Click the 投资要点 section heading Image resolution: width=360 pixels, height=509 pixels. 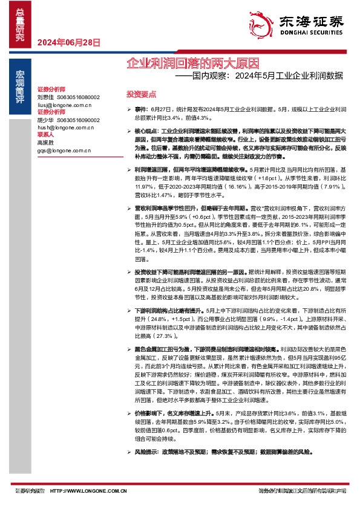click(141, 94)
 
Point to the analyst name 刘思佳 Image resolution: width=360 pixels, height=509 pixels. click(45, 97)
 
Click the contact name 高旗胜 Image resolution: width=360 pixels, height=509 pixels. click(45, 143)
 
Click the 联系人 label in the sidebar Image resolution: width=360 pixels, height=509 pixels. click(45, 135)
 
